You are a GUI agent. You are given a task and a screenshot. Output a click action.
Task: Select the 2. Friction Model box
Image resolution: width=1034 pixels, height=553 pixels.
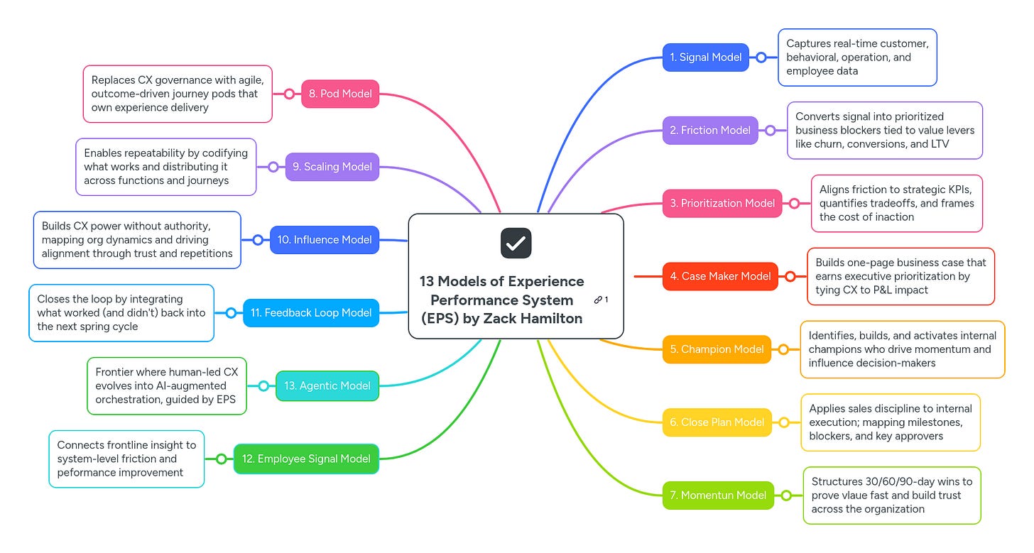click(709, 131)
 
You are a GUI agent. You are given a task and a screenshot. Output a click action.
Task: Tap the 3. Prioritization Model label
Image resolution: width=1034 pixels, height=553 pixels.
click(722, 204)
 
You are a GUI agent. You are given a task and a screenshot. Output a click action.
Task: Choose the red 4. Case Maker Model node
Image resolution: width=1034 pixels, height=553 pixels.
click(720, 276)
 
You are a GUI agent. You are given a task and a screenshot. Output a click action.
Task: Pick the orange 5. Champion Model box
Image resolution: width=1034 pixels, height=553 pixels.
click(717, 349)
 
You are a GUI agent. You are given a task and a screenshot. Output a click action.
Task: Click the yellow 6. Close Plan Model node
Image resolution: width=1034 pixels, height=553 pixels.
click(717, 422)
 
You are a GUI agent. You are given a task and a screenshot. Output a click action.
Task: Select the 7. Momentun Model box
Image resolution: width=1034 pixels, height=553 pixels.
click(717, 495)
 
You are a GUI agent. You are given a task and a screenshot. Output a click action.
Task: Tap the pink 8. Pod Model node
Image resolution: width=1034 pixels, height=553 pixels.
click(340, 94)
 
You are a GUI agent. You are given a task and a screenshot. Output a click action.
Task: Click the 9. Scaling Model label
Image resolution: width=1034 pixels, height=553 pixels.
click(332, 167)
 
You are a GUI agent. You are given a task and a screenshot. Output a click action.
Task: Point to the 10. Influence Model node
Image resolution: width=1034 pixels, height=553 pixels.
click(325, 240)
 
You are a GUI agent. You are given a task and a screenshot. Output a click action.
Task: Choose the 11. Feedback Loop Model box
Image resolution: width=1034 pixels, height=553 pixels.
click(311, 313)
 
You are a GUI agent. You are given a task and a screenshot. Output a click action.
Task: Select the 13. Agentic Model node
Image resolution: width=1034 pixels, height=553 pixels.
click(327, 386)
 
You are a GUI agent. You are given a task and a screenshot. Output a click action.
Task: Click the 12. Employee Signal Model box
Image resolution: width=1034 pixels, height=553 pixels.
click(306, 459)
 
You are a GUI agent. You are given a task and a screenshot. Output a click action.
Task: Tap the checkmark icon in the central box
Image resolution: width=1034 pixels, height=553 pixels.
click(516, 243)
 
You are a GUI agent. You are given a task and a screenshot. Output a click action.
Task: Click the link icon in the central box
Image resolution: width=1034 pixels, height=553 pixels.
click(598, 300)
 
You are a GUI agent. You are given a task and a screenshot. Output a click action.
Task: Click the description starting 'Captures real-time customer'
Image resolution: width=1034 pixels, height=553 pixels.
click(857, 58)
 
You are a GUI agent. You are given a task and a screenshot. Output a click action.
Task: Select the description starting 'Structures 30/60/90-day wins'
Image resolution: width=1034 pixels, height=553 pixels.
click(892, 495)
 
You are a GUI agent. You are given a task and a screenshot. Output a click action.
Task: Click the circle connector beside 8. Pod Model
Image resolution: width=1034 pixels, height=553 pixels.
click(289, 94)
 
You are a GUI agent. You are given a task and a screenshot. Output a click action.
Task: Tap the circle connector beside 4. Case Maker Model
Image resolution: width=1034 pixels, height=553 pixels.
click(790, 276)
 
